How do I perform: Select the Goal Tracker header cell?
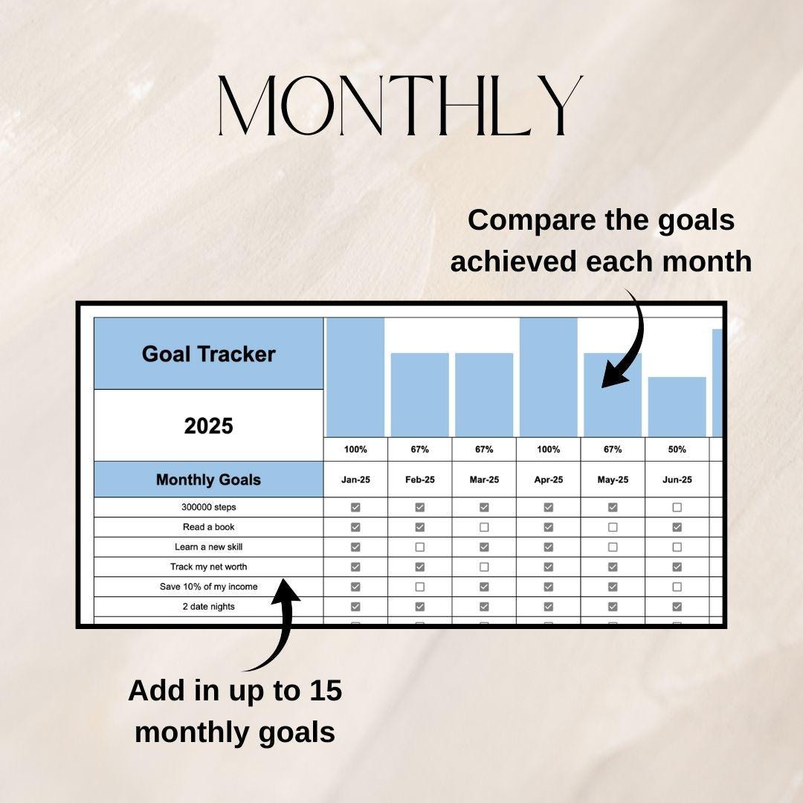point(208,354)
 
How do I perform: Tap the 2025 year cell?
point(208,426)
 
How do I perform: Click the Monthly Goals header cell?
point(208,480)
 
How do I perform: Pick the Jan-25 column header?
point(355,480)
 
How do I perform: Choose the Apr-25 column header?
point(548,480)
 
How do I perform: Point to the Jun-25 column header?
point(677,480)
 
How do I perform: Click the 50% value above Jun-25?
point(677,449)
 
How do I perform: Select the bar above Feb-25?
point(419,395)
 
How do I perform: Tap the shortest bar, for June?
point(677,407)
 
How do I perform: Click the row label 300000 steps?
point(208,507)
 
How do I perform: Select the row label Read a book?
point(208,527)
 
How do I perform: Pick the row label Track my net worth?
point(208,567)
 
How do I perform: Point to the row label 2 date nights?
point(208,607)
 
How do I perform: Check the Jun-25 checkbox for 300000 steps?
point(677,507)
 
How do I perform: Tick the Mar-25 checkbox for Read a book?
point(484,527)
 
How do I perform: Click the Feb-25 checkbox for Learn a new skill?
point(419,547)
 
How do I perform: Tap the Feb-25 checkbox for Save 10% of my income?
point(419,587)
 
